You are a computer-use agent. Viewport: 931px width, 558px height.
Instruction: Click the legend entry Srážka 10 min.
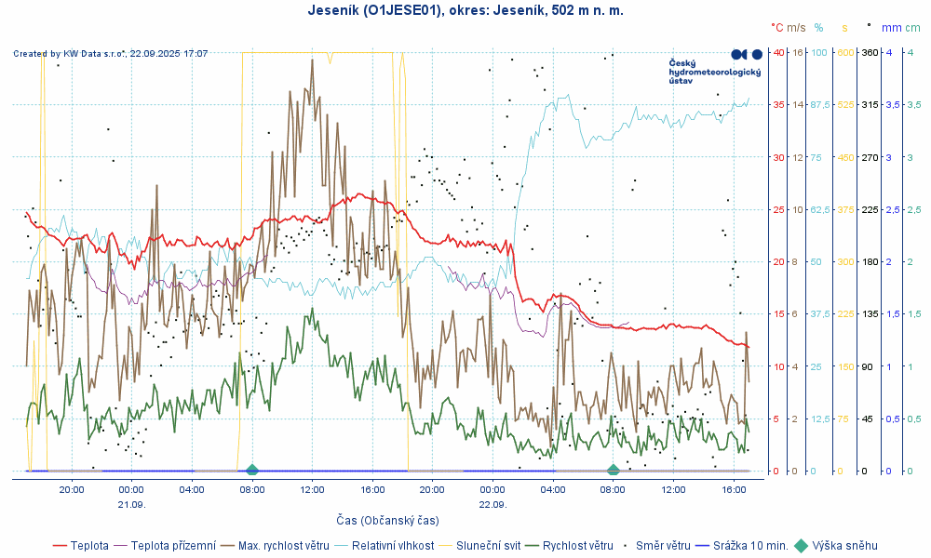click(x=750, y=546)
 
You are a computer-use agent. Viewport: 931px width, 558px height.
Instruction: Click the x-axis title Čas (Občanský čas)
click(x=387, y=520)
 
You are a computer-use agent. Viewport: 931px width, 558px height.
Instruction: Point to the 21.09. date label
click(x=131, y=504)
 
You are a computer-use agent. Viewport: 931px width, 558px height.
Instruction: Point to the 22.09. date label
click(x=492, y=504)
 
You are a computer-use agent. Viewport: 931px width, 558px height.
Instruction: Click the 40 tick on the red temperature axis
click(x=777, y=52)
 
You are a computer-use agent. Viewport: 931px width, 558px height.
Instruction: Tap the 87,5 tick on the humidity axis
click(x=820, y=105)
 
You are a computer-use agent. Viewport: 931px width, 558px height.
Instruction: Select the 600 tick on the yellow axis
click(x=845, y=52)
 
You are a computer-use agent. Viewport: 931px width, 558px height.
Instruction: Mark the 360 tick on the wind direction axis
click(x=870, y=52)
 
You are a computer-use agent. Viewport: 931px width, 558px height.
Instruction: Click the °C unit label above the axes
click(x=777, y=28)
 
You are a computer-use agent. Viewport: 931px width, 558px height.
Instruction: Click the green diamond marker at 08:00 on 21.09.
click(x=252, y=470)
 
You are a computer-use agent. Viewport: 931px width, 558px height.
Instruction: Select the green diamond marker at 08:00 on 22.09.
click(x=613, y=470)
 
